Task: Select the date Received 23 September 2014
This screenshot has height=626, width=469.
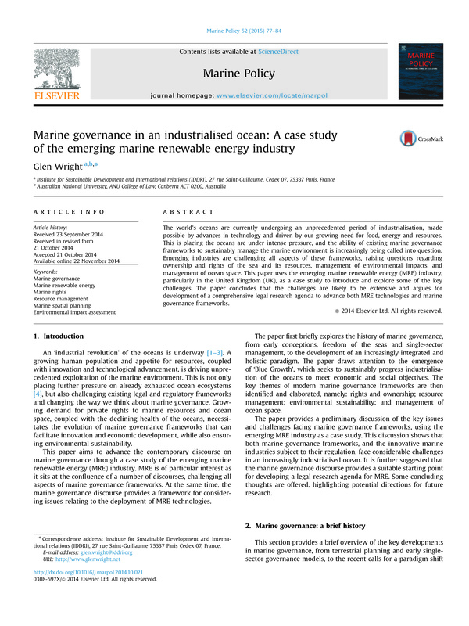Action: point(72,234)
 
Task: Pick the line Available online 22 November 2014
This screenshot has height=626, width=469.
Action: point(77,260)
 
